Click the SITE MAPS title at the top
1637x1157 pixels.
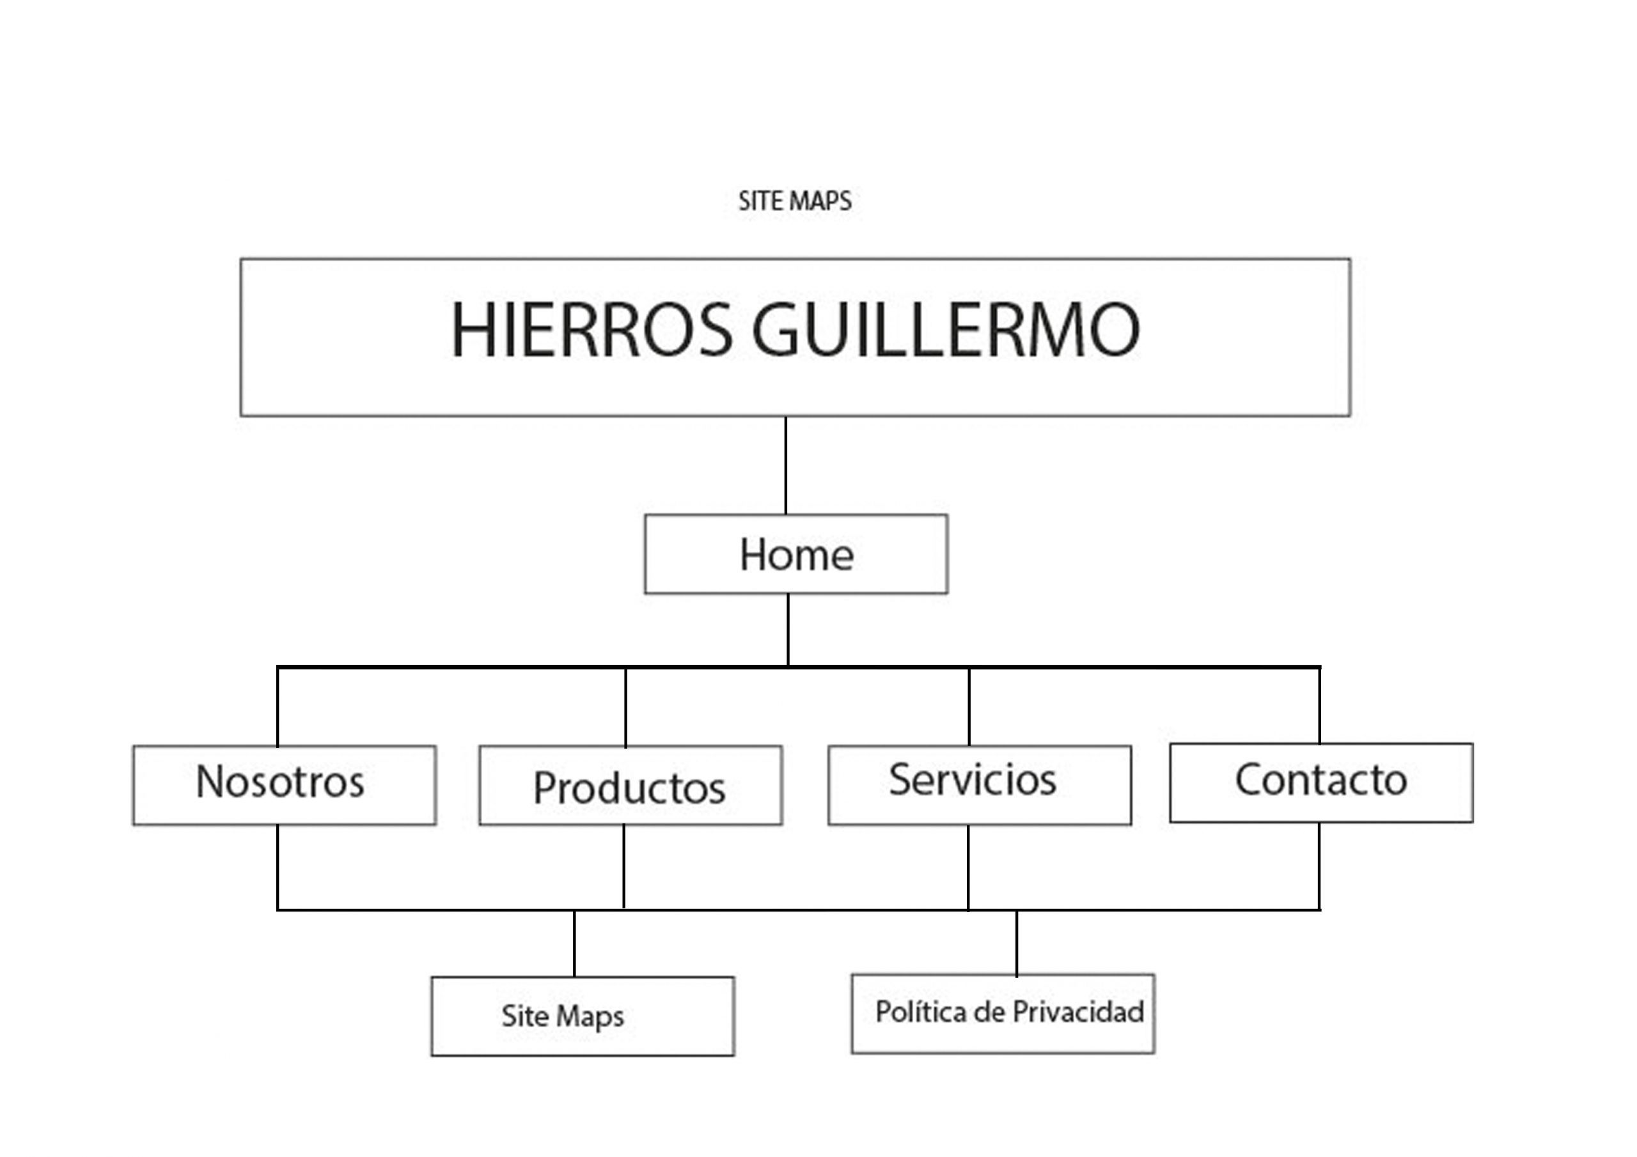click(x=794, y=201)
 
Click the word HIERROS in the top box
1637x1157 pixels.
click(x=591, y=330)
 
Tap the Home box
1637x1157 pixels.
click(x=795, y=554)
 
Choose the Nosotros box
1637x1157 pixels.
click(x=284, y=785)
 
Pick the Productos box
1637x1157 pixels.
click(x=631, y=786)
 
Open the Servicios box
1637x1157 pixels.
click(x=979, y=785)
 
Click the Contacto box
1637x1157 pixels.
click(x=1321, y=783)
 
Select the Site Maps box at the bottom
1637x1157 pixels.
click(x=583, y=1016)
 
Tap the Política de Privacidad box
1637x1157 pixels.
click(x=1003, y=1013)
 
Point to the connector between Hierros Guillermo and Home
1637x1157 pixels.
click(x=786, y=465)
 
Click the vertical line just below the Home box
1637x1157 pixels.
click(x=788, y=630)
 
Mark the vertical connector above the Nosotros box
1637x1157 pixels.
click(x=278, y=706)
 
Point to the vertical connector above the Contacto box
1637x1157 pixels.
click(x=1319, y=705)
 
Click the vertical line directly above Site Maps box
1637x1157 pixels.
click(x=574, y=943)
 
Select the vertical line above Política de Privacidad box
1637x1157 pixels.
click(x=1016, y=942)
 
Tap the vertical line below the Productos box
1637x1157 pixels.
click(x=624, y=867)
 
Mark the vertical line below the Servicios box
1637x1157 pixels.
click(x=967, y=867)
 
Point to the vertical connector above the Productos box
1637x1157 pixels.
click(x=625, y=707)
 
